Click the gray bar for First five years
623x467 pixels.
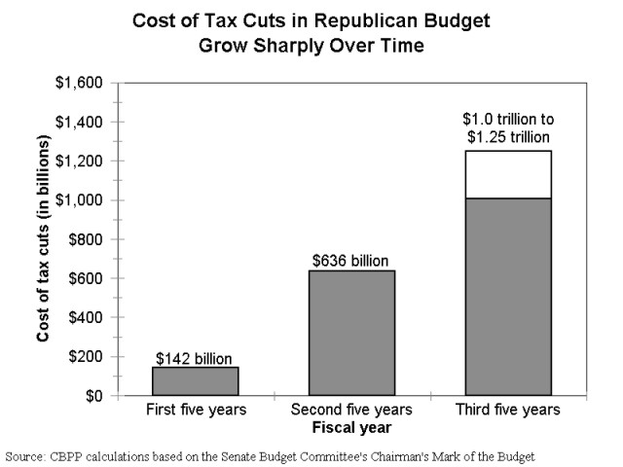click(x=196, y=381)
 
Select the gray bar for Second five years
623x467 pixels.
click(x=352, y=333)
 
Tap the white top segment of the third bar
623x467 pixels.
click(x=508, y=174)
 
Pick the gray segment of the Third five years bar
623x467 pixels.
click(x=508, y=297)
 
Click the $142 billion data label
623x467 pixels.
click(x=194, y=359)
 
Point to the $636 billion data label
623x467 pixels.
click(x=350, y=261)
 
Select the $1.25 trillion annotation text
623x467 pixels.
click(x=508, y=137)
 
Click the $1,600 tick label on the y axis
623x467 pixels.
click(x=79, y=83)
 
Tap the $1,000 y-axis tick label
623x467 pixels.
click(x=79, y=199)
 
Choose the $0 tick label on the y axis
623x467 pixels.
click(x=94, y=396)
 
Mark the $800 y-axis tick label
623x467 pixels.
click(x=86, y=239)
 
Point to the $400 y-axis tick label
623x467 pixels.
click(x=86, y=317)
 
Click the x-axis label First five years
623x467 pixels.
click(x=197, y=410)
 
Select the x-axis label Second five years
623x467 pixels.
click(x=351, y=410)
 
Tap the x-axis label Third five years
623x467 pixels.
click(x=508, y=410)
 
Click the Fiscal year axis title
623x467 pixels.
click(x=352, y=428)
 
